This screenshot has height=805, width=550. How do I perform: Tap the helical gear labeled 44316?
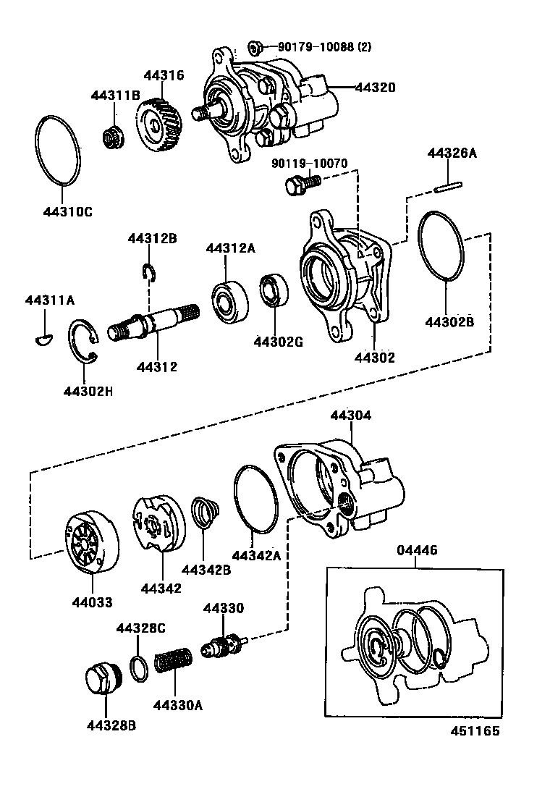pos(157,125)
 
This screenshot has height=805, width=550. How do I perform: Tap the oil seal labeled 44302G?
pos(274,290)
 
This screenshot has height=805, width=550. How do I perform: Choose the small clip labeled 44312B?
pos(150,271)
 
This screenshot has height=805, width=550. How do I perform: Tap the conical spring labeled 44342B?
pos(205,513)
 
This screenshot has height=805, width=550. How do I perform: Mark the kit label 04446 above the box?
pos(417,551)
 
